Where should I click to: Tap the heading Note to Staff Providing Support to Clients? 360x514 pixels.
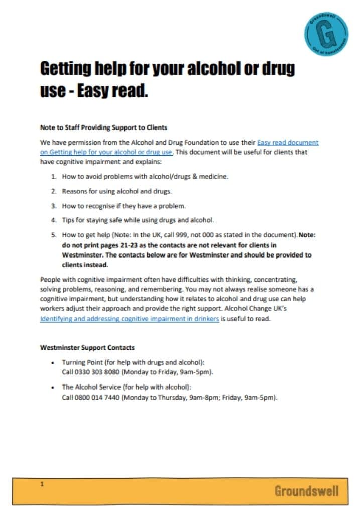pos(103,127)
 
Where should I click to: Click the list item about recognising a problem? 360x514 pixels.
pos(124,206)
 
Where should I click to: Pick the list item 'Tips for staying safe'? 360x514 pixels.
pos(138,220)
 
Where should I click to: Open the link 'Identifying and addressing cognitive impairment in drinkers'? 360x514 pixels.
pos(130,319)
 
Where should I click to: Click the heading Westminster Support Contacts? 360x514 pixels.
pos(87,347)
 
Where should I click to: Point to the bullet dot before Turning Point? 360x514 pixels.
pos(54,362)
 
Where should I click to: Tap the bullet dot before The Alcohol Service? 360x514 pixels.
pos(54,388)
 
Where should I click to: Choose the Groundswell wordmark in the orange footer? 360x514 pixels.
pos(306,491)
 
